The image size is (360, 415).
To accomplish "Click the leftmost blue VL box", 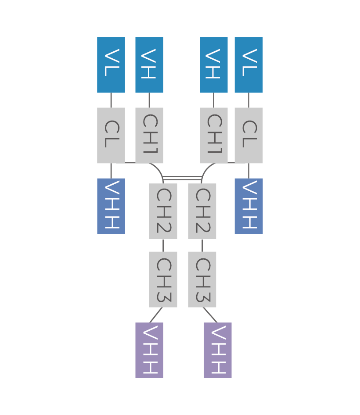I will point(111,65).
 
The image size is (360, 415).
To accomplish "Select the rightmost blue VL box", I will point(248,65).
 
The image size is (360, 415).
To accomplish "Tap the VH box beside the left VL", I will point(149,65).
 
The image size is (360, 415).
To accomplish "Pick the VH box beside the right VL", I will point(214,65).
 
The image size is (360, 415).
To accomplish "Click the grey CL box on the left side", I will point(111,135).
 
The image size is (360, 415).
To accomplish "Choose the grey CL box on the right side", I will point(248,135).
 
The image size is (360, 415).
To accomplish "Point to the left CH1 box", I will point(149,135).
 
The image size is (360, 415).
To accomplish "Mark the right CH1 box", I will point(214,135).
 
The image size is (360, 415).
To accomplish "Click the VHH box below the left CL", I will point(111,206).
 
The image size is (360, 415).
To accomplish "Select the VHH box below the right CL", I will point(248,206).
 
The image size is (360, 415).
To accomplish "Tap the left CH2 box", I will point(163,211).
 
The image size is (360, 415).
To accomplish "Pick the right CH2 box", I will point(202,211).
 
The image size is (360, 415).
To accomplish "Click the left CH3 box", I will point(163,279).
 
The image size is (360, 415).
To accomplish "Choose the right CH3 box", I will point(202,279).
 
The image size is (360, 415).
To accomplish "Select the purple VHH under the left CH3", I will point(149,350).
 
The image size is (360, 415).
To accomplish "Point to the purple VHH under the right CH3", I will point(218,350).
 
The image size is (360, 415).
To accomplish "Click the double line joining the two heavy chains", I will point(182,178).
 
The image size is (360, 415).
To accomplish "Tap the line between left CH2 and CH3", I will point(163,245).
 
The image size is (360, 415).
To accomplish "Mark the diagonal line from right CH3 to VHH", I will point(210,315).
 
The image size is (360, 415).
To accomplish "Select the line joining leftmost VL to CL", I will point(111,100).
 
